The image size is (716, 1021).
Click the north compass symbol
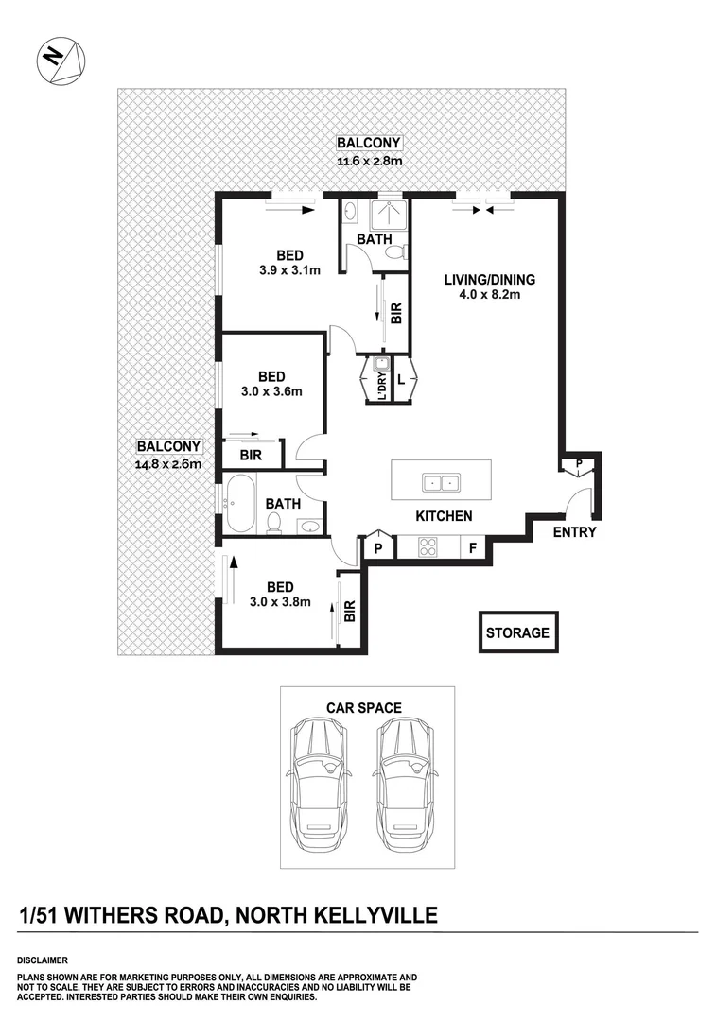(61, 61)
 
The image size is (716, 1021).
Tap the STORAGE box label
(518, 632)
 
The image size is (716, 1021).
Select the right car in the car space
(404, 786)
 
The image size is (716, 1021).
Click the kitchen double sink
(441, 482)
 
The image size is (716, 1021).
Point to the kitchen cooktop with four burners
(428, 545)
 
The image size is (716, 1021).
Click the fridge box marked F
(473, 547)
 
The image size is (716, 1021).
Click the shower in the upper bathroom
(389, 220)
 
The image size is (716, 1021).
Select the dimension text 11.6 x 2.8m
(369, 160)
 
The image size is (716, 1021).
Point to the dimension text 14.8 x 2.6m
(168, 464)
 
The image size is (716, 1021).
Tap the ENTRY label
(575, 532)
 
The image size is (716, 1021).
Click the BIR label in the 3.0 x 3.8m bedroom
(350, 610)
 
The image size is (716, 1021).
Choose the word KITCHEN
(445, 516)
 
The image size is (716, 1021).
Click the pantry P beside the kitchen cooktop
(377, 547)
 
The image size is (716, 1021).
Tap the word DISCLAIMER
(43, 960)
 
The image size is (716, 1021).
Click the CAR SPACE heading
(364, 707)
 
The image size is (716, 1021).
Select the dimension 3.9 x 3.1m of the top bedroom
(289, 270)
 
